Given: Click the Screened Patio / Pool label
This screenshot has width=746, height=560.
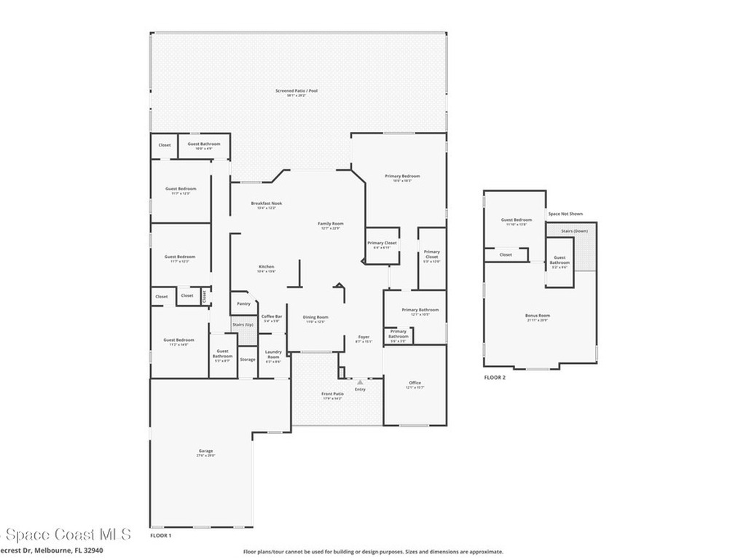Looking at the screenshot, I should (297, 91).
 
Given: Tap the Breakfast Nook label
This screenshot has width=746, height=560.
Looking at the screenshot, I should (267, 203).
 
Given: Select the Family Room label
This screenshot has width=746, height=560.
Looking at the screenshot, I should (331, 224).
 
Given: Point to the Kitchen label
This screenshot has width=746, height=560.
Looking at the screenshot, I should (267, 268).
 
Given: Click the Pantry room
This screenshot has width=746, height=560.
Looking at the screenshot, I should (243, 304).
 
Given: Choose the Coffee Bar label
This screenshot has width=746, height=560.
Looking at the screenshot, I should (272, 316).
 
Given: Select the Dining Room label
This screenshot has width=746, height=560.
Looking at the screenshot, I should (316, 318).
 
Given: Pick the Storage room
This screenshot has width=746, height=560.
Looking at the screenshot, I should (248, 359).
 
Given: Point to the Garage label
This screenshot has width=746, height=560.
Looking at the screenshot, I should (206, 451).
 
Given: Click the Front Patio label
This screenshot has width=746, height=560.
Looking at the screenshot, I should (333, 394).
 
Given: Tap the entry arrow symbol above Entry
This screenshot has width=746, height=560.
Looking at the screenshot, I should (360, 381).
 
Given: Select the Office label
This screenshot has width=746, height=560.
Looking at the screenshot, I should (415, 384).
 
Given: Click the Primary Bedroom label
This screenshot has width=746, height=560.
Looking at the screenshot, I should (402, 176).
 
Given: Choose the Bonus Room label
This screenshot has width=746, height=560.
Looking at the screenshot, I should (538, 316).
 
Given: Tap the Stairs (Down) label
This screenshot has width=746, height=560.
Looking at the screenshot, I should (575, 231).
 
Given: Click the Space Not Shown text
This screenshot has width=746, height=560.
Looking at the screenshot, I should (565, 214).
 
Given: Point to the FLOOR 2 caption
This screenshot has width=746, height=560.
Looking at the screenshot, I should (495, 378).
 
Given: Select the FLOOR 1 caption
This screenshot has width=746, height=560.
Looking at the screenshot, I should (160, 535).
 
